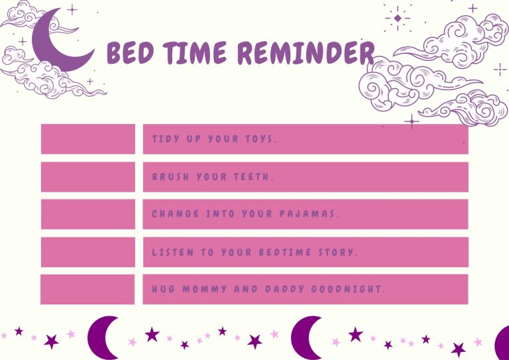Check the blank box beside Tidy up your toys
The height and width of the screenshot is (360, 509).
click(87, 139)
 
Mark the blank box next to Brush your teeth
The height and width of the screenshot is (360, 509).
click(87, 177)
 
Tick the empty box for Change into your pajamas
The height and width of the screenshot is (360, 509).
click(87, 214)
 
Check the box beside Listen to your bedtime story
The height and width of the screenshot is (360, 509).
click(87, 252)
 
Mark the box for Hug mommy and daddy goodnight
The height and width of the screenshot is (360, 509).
click(87, 289)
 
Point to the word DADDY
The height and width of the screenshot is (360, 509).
click(281, 290)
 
